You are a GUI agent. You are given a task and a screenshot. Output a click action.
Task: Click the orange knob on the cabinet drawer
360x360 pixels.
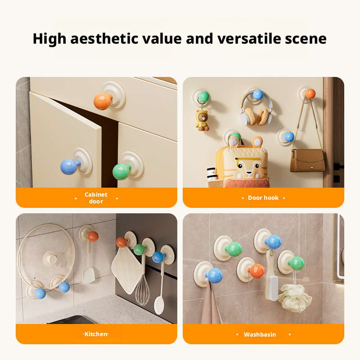(x=103, y=101)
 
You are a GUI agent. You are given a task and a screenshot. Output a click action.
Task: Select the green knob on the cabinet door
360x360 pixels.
(x=121, y=171)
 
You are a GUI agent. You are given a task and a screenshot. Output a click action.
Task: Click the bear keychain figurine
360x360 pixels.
(x=202, y=120)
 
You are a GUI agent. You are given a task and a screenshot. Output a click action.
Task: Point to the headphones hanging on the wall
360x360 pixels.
(x=256, y=110)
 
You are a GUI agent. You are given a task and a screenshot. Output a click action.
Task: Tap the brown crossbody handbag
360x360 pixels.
(x=307, y=160)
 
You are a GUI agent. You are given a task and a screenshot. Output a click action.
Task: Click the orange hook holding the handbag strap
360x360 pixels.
(x=310, y=94)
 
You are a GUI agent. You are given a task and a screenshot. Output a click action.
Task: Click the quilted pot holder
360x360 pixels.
(x=126, y=270)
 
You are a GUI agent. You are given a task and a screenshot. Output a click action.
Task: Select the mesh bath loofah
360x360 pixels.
(x=295, y=298)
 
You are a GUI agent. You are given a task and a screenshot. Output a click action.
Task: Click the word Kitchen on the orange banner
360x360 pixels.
(x=96, y=334)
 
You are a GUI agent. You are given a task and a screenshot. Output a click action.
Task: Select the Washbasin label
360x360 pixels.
(x=260, y=334)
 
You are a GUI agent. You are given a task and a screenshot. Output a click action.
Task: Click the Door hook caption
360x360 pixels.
(x=263, y=198)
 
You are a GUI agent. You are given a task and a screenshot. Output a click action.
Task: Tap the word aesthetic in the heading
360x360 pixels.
(x=104, y=39)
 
